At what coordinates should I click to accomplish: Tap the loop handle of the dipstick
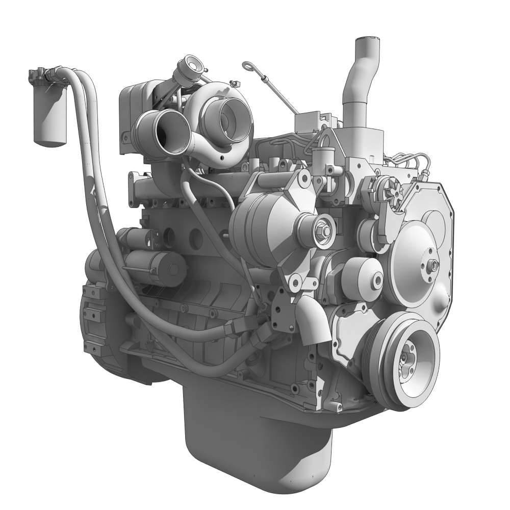point(248,65)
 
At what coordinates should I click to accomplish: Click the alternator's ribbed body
point(255,224)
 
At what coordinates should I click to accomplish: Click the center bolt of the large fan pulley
point(432,265)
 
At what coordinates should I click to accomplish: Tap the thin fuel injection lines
point(413,161)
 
